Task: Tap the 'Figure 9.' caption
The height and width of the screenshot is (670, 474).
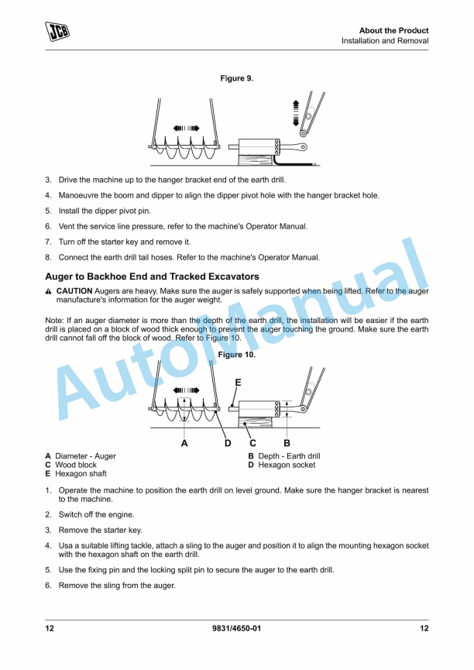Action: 237,79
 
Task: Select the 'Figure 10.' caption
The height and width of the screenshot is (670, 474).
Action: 237,355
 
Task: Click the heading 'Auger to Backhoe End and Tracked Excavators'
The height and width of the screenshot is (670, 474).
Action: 152,277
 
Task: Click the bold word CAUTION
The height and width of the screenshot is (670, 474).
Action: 74,290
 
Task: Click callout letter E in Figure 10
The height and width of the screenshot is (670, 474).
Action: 238,383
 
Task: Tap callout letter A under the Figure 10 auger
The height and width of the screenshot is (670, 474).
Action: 184,443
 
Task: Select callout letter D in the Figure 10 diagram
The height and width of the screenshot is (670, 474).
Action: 228,443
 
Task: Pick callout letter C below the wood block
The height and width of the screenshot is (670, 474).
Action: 253,443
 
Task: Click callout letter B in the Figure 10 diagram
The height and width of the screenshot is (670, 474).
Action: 287,443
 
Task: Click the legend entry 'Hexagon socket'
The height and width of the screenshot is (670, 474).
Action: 287,465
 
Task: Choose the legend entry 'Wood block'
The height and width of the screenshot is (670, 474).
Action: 76,465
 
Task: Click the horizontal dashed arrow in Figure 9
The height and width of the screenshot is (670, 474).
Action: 186,128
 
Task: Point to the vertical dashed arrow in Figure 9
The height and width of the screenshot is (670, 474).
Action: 294,112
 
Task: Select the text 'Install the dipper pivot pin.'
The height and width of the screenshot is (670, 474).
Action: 105,211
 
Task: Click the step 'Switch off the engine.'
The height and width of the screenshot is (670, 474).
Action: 96,514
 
